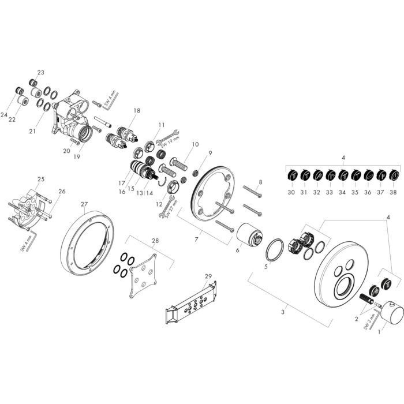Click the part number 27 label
tap(84, 204)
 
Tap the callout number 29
tap(208, 277)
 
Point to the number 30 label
tap(291, 192)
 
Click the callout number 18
tap(137, 110)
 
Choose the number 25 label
tap(40, 179)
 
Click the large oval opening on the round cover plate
tap(345, 286)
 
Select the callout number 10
tap(194, 144)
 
